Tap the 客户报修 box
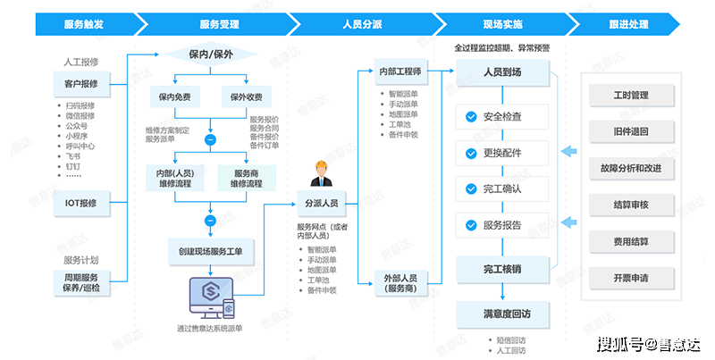click(x=88, y=84)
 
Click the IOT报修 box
click(x=88, y=203)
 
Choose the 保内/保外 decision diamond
click(x=211, y=54)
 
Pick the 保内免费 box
click(x=174, y=96)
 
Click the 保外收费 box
click(x=247, y=96)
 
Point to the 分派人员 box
click(x=321, y=204)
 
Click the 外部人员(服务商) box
click(x=402, y=283)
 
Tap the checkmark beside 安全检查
click(x=470, y=116)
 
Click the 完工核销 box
click(x=501, y=268)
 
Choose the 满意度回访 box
click(x=501, y=314)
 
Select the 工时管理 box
click(x=631, y=94)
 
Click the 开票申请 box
click(x=631, y=279)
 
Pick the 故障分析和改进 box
click(x=631, y=168)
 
